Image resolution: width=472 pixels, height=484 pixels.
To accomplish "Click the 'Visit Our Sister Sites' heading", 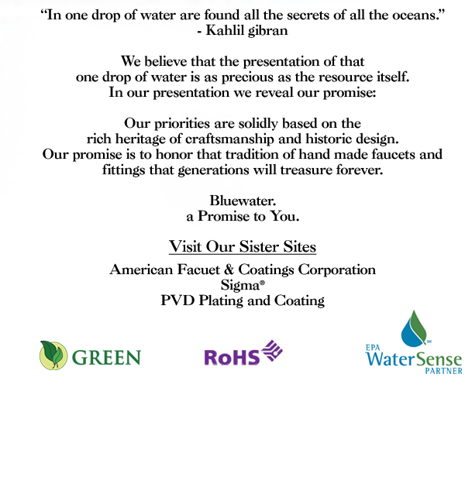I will pos(243,248).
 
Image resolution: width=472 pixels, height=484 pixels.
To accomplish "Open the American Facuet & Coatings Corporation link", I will pos(243,270).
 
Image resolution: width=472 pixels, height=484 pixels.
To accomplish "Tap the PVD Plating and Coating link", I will pos(243,300).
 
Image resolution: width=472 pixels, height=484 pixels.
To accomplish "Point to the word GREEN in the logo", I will pos(106,357).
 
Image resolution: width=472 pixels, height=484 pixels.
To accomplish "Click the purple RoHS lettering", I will pos(231,357).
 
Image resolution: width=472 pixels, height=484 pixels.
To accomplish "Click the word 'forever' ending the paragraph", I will pos(360,170).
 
